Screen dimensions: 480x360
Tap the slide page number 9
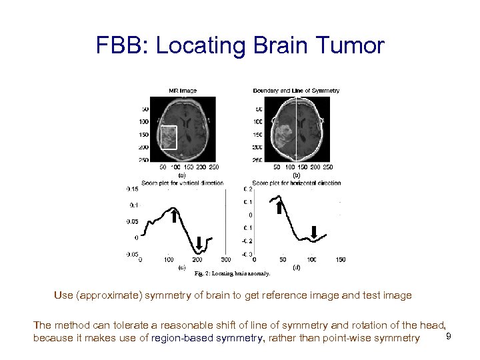coord(449,335)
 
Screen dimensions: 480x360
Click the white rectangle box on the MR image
coord(168,137)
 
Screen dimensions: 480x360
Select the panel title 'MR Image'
coord(182,91)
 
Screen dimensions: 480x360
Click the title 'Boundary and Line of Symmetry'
coord(296,91)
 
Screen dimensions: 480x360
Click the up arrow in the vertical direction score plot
coord(173,216)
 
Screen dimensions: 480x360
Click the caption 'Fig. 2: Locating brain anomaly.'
coord(232,273)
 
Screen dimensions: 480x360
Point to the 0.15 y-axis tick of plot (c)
coord(133,189)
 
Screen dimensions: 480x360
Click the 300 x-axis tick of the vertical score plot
coord(225,260)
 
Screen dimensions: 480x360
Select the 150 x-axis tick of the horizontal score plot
coord(340,260)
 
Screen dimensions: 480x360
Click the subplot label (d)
coord(296,267)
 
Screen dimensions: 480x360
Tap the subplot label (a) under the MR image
coord(181,175)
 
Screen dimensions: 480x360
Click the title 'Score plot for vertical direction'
coord(182,183)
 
